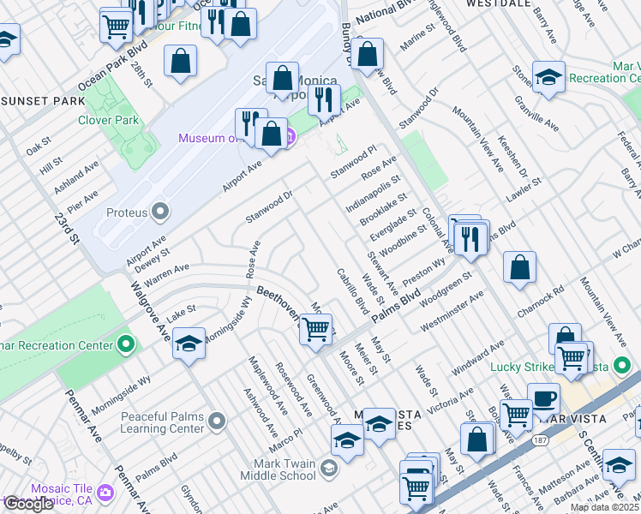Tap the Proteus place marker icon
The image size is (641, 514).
pyautogui.click(x=160, y=212)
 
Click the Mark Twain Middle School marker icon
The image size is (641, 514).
pyautogui.click(x=332, y=469)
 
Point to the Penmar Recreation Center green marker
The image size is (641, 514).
pyautogui.click(x=127, y=345)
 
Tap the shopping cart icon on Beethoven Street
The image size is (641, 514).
pyautogui.click(x=316, y=328)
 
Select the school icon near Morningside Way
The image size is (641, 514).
pyautogui.click(x=189, y=344)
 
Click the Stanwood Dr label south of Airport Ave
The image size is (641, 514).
pyautogui.click(x=269, y=206)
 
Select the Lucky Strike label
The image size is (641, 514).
pyautogui.click(x=523, y=367)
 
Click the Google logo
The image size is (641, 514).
pyautogui.click(x=27, y=504)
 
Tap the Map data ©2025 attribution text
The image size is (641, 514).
pyautogui.click(x=603, y=507)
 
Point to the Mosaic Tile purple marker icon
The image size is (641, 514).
pyautogui.click(x=105, y=493)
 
